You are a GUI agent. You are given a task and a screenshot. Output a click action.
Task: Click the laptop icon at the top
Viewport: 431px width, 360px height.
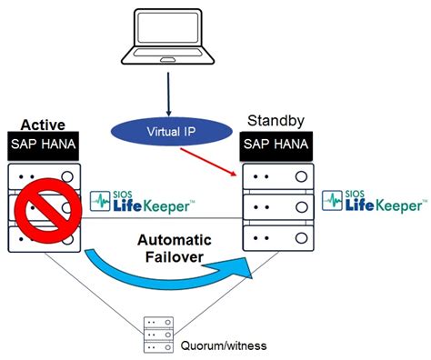pos(167,37)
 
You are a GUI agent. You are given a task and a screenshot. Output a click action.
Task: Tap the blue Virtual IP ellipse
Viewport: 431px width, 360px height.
pos(172,132)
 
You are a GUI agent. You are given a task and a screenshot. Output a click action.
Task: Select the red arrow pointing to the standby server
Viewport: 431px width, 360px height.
pos(208,162)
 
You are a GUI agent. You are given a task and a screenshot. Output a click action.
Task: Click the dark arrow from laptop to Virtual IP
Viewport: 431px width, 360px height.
pos(168,94)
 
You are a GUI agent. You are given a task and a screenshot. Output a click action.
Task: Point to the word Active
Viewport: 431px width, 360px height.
pos(43,125)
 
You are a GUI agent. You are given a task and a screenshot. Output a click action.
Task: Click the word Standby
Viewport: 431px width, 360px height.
pos(276,121)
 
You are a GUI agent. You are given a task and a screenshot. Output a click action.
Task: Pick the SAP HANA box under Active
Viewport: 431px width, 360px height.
pos(43,145)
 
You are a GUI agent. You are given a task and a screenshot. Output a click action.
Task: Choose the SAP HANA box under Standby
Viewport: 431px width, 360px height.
pos(276,145)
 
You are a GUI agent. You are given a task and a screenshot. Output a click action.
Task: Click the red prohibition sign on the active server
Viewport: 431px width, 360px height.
pos(48,208)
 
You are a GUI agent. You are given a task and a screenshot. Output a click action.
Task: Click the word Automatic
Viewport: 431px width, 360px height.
pos(175,240)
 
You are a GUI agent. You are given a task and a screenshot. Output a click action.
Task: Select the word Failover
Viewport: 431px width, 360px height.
pos(175,257)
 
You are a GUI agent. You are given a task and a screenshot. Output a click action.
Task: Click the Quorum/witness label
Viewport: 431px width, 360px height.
pos(224,345)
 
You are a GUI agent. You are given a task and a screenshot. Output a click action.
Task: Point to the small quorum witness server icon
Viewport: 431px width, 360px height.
pos(158,335)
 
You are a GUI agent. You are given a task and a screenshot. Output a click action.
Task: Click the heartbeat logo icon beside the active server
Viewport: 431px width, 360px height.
pos(100,201)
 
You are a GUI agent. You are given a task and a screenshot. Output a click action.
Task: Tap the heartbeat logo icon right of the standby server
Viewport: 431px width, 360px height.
pos(332,200)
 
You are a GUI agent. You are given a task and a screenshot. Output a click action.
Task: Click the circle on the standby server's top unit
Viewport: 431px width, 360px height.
pos(301,176)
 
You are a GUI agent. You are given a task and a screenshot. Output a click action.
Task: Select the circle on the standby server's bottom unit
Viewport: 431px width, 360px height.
pos(301,238)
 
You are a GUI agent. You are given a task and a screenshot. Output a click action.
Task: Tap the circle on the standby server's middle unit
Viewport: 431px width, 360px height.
pos(301,207)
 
